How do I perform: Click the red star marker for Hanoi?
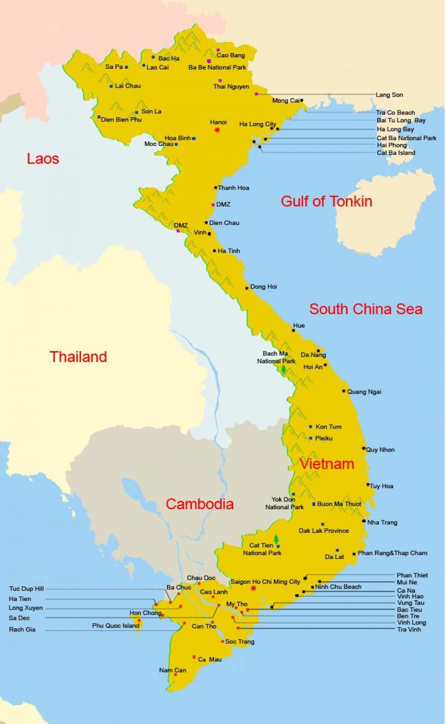(x=217, y=130)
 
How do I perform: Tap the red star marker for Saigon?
(x=253, y=588)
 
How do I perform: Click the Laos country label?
(x=43, y=159)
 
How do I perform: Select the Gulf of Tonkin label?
(x=326, y=201)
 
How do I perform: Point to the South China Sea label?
(x=365, y=309)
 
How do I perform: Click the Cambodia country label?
(x=199, y=504)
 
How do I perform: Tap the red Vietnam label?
(x=327, y=464)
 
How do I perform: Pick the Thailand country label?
(x=78, y=357)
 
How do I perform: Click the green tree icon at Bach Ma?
(x=284, y=369)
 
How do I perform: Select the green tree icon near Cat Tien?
(x=276, y=539)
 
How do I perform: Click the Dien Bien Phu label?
(x=121, y=120)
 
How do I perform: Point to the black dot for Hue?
(x=293, y=330)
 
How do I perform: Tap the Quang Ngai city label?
(x=364, y=392)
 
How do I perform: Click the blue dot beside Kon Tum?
(x=311, y=427)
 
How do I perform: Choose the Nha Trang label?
(x=382, y=522)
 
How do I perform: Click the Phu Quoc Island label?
(x=115, y=626)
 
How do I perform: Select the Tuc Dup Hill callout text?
(x=26, y=589)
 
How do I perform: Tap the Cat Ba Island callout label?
(x=396, y=153)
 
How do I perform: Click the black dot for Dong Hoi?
(x=247, y=288)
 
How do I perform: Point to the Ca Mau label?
(x=210, y=659)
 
